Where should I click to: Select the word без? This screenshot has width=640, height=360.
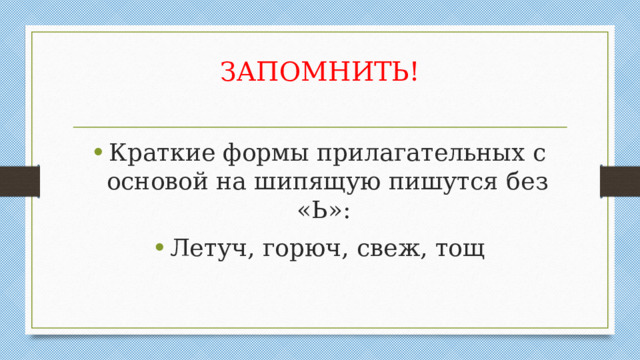(x=527, y=183)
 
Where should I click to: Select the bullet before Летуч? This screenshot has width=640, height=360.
(x=95, y=247)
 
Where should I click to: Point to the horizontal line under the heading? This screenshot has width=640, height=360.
(x=320, y=127)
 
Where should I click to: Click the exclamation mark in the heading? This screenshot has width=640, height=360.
(x=414, y=72)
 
